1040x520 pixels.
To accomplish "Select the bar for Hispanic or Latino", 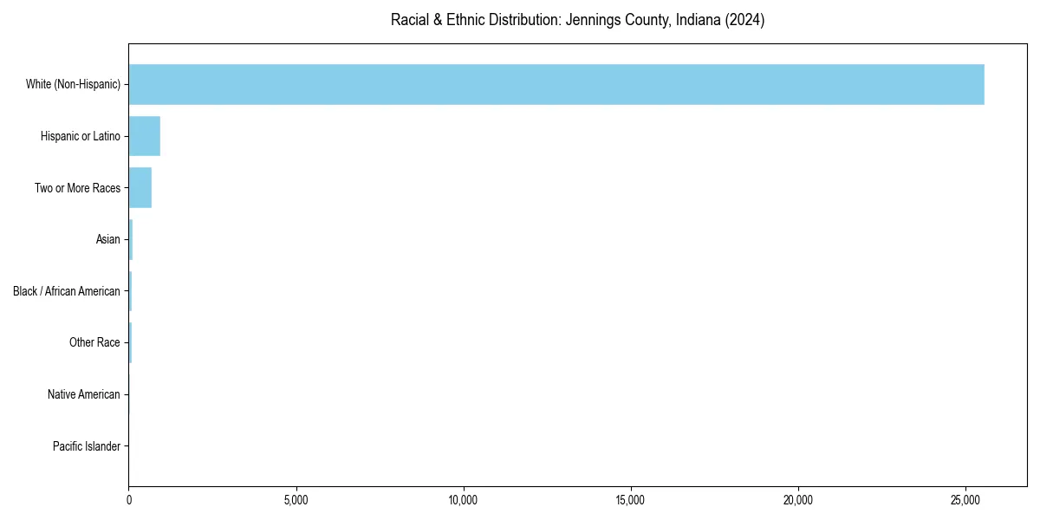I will pyautogui.click(x=145, y=136).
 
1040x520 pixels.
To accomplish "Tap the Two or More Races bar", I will pyautogui.click(x=140, y=188).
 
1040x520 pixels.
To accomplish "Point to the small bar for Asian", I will pyautogui.click(x=131, y=239).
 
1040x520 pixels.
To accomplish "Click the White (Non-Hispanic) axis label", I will pyautogui.click(x=73, y=84).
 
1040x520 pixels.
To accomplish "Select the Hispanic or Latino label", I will pyautogui.click(x=80, y=136).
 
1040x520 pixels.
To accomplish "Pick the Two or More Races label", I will pyautogui.click(x=77, y=188).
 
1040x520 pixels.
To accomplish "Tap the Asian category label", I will pyautogui.click(x=107, y=239).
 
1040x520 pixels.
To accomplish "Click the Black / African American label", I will pyautogui.click(x=67, y=291).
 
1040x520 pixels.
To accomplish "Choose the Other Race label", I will pyautogui.click(x=94, y=343).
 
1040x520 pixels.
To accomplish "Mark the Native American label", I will pyautogui.click(x=84, y=394).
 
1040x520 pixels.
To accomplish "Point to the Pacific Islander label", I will pyautogui.click(x=86, y=446).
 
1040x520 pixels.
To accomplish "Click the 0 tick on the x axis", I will pyautogui.click(x=129, y=500).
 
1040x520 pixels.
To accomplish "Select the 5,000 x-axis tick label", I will pyautogui.click(x=296, y=500).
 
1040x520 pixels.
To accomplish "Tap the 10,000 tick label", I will pyautogui.click(x=464, y=500).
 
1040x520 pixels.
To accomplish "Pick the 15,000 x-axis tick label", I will pyautogui.click(x=631, y=500).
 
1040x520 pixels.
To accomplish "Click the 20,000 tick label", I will pyautogui.click(x=798, y=500).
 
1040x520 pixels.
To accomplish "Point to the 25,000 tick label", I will pyautogui.click(x=965, y=500).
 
